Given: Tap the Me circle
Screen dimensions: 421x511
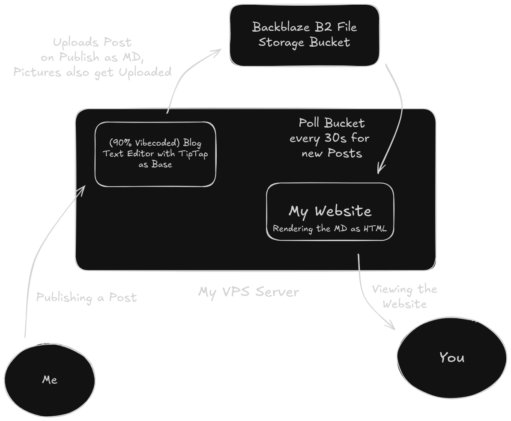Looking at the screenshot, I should pos(50,379).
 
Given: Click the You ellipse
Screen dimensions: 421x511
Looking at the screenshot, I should pos(451,357).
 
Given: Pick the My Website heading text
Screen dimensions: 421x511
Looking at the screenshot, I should pos(330,211).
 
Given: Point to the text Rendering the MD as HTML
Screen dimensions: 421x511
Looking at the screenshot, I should pos(330,228).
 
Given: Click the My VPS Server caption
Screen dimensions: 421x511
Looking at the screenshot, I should pos(248,292).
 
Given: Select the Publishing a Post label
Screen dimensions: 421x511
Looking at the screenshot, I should pos(87,297).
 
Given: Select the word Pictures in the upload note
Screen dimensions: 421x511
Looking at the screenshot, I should pos(37,72).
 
